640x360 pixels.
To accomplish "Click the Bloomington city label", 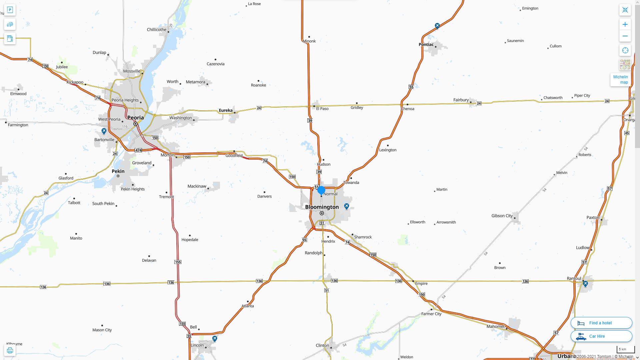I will point(322,207).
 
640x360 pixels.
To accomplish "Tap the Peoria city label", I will point(136,118).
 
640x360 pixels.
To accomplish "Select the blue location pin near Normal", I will point(321,190).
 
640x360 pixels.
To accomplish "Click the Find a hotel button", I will point(601,323).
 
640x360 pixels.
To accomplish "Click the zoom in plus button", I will point(625,24).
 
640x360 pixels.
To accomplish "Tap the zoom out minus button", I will point(625,36).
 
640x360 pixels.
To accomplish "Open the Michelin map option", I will point(620,79).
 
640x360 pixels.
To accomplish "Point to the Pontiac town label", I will point(426,44).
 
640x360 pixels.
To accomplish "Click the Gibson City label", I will point(502,216).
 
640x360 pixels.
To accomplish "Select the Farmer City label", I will point(431,314).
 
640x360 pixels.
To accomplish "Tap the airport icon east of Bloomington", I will point(347,206).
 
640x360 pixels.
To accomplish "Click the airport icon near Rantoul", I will point(585,284).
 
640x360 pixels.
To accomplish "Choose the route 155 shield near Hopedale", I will point(178,262).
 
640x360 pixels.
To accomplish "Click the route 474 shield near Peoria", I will point(138,150).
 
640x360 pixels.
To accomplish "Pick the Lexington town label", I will point(388,150).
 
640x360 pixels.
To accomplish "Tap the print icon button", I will point(10,350).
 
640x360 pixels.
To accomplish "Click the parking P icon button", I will point(10,10).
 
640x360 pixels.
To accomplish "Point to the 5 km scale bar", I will point(625,350).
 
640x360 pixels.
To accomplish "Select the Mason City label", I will point(102,330).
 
